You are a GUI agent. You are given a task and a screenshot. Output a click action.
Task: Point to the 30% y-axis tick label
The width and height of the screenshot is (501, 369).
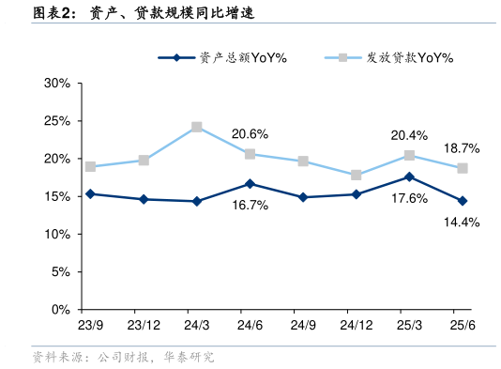point(57,84)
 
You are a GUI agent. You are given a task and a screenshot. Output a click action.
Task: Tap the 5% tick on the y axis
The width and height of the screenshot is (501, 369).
point(61,272)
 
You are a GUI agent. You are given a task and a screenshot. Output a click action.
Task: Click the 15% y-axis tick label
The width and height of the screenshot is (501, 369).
point(57,196)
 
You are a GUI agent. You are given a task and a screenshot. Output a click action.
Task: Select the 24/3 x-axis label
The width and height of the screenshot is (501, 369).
point(197,325)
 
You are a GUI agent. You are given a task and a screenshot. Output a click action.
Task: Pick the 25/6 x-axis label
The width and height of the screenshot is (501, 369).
point(463,325)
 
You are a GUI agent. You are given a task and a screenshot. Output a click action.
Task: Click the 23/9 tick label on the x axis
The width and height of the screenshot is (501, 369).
point(90,325)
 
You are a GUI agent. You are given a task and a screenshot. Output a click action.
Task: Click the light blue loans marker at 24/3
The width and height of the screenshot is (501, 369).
point(197,127)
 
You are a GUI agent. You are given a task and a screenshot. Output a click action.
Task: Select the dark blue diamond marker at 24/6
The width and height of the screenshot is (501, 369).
point(250,184)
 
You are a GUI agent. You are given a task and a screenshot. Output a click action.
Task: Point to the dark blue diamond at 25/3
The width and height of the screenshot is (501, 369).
point(409,177)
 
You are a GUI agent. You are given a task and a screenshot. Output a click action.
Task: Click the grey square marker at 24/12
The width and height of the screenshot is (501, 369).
point(357,175)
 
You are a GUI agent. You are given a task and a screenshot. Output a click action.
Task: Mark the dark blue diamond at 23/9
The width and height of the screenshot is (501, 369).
point(90,194)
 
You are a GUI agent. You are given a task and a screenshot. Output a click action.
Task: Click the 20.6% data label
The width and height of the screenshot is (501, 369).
point(250,133)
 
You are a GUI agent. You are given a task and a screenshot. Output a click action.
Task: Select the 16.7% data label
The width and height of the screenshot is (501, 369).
point(250,205)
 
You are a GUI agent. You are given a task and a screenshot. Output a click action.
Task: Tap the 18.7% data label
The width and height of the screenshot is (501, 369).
point(462,148)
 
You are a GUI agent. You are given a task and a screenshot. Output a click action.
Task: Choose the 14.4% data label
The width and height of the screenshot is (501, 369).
point(462,223)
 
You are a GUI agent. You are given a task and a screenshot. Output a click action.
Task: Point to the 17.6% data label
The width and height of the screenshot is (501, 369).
point(409,198)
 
